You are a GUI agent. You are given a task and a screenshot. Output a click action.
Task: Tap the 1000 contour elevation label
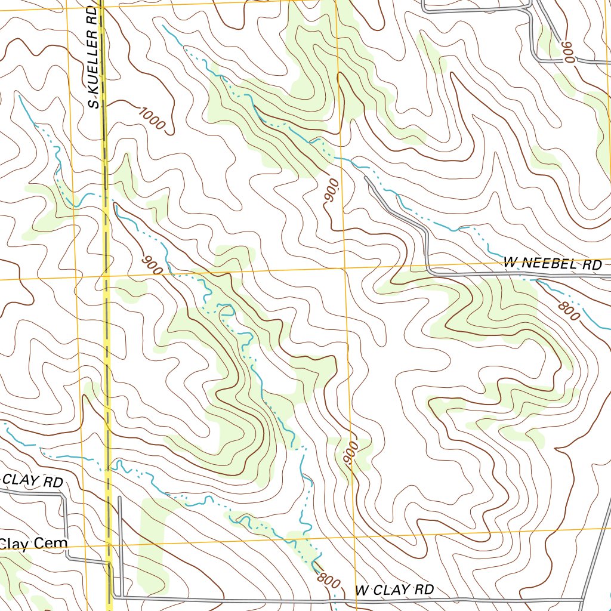click(151, 118)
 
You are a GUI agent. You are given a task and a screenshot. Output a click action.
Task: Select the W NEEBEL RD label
click(553, 264)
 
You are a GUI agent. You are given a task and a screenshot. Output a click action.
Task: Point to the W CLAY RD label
click(394, 590)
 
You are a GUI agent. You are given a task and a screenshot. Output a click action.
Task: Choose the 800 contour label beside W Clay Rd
click(325, 578)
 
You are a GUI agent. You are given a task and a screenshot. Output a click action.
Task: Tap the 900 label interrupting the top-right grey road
click(566, 53)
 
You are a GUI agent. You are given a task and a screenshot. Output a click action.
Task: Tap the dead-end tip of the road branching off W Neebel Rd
click(365, 177)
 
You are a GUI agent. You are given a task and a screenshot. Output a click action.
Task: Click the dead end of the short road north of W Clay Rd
click(119, 497)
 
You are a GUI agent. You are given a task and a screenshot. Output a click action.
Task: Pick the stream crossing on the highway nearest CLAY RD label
click(108, 470)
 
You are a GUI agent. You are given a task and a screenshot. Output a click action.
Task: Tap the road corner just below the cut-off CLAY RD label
click(63, 495)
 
